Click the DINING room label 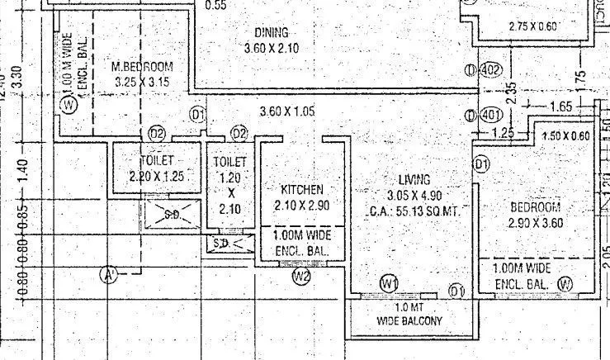click(272, 33)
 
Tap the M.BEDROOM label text click(141, 66)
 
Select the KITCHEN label click(301, 189)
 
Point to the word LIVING click(414, 179)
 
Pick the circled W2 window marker click(300, 277)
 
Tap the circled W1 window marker click(389, 284)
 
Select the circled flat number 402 click(490, 71)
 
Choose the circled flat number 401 click(490, 115)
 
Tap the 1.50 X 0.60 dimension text click(567, 135)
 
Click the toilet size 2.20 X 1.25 click(156, 175)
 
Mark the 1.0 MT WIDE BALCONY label click(409, 314)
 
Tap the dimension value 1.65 click(560, 107)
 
